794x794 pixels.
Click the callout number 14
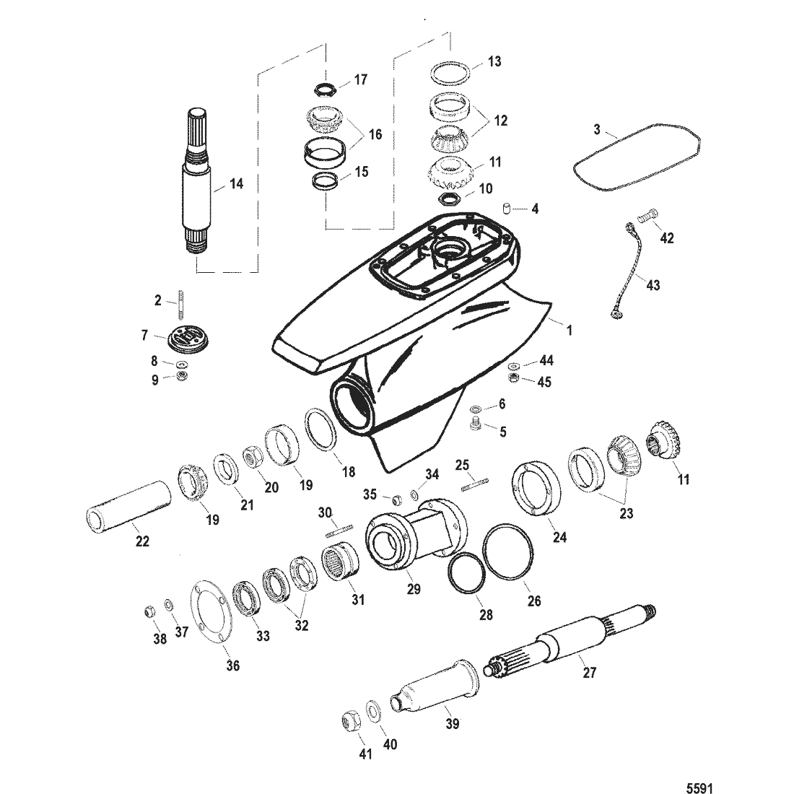point(236,184)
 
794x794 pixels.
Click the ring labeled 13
point(453,73)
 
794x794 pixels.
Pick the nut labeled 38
point(149,611)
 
